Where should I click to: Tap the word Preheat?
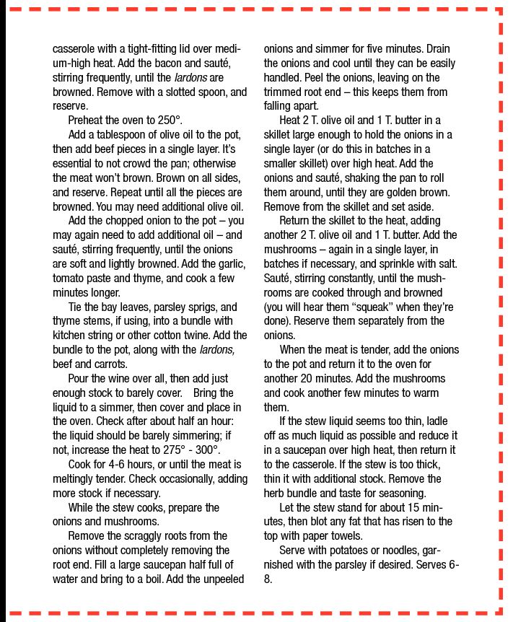pyautogui.click(x=88, y=120)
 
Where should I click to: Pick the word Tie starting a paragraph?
pyautogui.click(x=76, y=306)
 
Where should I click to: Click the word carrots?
pyautogui.click(x=97, y=364)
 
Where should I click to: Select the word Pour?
pyautogui.click(x=79, y=378)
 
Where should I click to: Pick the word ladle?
pyautogui.click(x=450, y=421)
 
